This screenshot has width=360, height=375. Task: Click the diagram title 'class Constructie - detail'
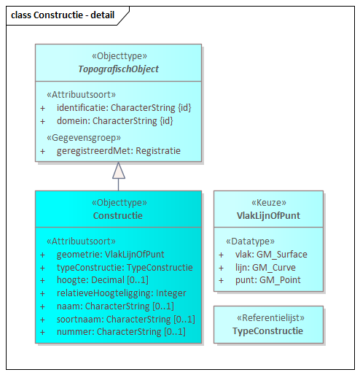[x=63, y=14]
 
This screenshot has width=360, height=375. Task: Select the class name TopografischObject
[x=118, y=69]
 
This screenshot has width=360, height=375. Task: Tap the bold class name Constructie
[x=118, y=216]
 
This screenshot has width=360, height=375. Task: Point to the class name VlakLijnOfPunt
[x=267, y=216]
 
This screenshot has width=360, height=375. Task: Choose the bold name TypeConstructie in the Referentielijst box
[x=267, y=331]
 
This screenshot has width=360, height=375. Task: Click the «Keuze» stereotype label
[x=267, y=203]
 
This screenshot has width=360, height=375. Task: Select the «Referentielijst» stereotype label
[x=267, y=318]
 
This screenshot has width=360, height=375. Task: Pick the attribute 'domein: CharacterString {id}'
[x=114, y=120]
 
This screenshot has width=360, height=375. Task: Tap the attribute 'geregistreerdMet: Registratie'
[x=118, y=151]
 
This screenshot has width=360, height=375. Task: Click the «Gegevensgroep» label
[x=83, y=137]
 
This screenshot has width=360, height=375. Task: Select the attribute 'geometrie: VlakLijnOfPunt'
[x=110, y=254]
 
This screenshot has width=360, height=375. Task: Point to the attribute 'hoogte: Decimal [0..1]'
[x=102, y=280]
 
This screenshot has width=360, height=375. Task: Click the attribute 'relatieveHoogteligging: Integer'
[x=122, y=293]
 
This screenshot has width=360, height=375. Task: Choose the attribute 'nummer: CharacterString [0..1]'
[x=121, y=332]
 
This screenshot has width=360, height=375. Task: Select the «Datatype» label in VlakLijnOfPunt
[x=250, y=241]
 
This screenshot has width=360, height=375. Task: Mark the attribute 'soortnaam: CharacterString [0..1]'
[x=125, y=319]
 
